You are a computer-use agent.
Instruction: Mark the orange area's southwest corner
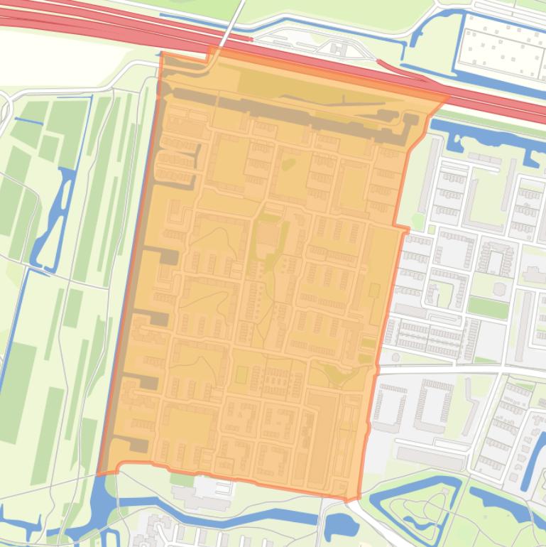pyautogui.click(x=99, y=473)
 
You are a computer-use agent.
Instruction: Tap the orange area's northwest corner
pyautogui.click(x=163, y=53)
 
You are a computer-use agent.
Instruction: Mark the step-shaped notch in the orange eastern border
pyautogui.click(x=405, y=229)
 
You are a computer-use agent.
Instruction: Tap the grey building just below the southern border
pyautogui.click(x=206, y=490)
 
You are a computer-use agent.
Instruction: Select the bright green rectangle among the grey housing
pyautogui.click(x=488, y=307)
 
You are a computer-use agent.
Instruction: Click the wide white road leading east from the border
pyautogui.click(x=462, y=371)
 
